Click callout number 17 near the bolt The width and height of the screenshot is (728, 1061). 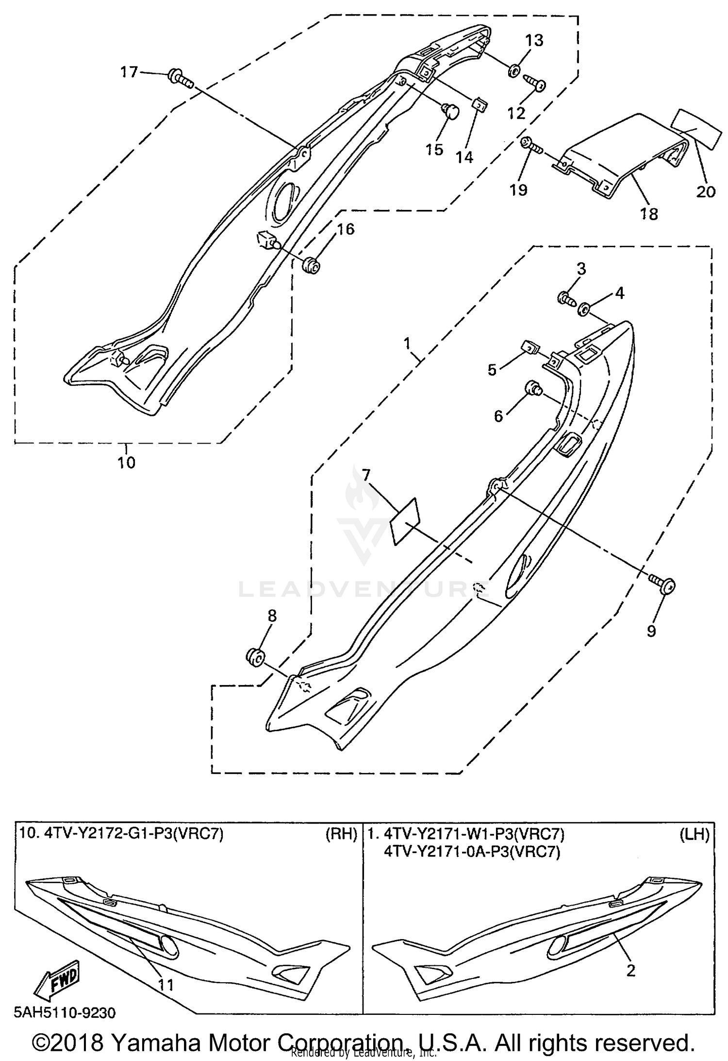(129, 72)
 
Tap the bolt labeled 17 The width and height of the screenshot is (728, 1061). (179, 79)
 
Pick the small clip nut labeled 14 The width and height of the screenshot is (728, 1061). (480, 104)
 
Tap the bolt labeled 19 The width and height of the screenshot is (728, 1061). (530, 144)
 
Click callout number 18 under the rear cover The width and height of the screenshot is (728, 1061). (649, 213)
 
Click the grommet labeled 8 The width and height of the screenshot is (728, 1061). (255, 657)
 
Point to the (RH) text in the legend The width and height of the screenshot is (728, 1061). (341, 835)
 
